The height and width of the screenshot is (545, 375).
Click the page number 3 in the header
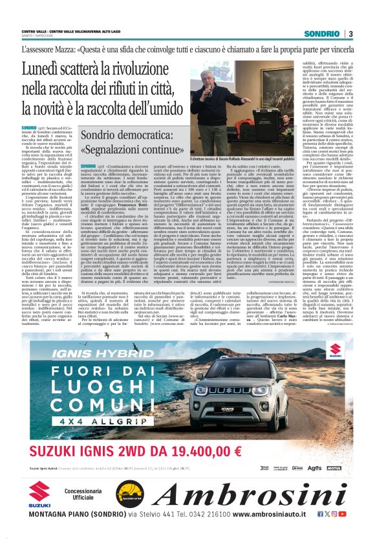[x=350, y=34]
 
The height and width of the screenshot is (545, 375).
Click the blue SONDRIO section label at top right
[x=323, y=34]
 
